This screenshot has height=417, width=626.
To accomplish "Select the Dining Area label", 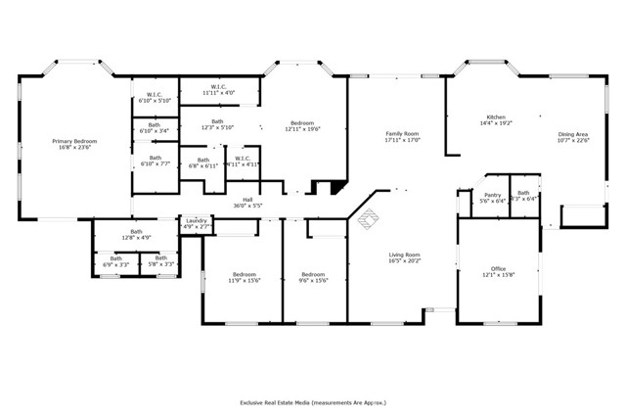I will pyautogui.click(x=573, y=134).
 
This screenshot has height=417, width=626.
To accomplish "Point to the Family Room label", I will pyautogui.click(x=402, y=133).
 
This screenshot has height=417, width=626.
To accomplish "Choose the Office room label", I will pyautogui.click(x=499, y=268).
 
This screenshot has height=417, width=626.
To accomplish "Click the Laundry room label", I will pyautogui.click(x=197, y=221).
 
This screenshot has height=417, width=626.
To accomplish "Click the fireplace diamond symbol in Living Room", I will pyautogui.click(x=368, y=220).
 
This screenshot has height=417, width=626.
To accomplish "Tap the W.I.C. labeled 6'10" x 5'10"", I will pyautogui.click(x=155, y=96).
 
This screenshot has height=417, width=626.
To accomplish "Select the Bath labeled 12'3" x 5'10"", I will pyautogui.click(x=218, y=124).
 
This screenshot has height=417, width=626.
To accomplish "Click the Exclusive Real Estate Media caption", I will pyautogui.click(x=313, y=401).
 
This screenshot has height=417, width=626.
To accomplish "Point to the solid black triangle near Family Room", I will pyautogui.click(x=338, y=187).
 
